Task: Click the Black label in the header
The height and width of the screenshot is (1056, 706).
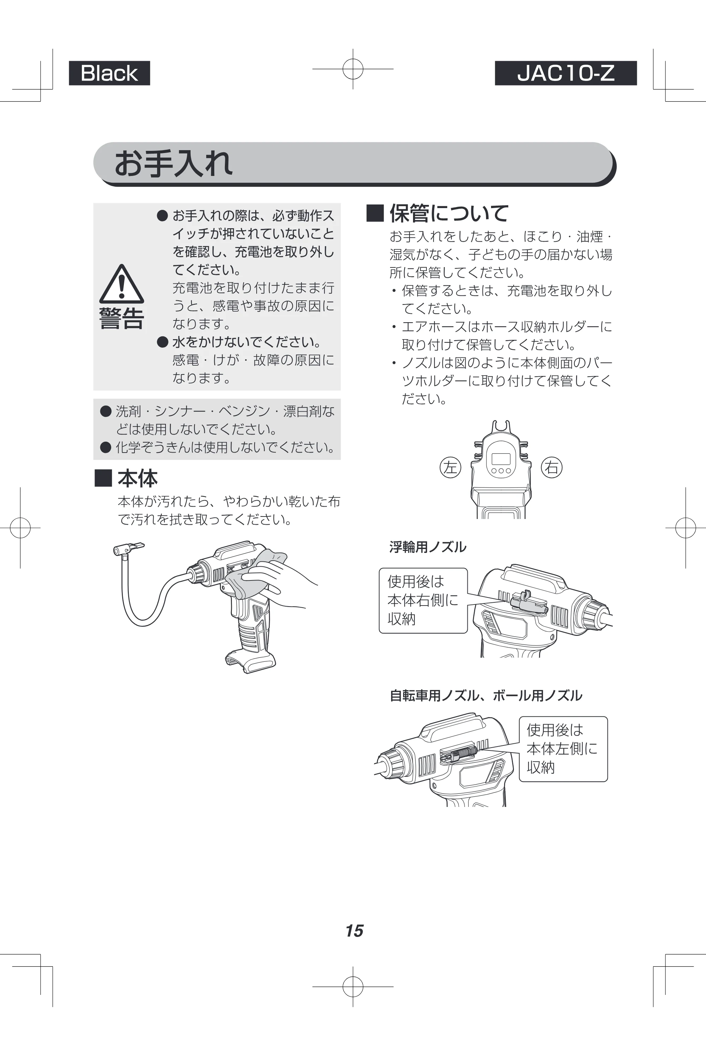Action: coord(109,73)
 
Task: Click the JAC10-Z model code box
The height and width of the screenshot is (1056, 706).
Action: coord(566,73)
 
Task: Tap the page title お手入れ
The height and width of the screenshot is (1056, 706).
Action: coord(174,163)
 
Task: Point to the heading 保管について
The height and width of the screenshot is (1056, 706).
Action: coord(438,213)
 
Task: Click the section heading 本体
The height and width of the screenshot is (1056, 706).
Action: coord(126,478)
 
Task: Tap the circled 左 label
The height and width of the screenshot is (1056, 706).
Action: coord(450,467)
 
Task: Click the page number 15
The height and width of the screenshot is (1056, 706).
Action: coord(354,931)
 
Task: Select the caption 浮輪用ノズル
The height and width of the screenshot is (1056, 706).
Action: coord(428,547)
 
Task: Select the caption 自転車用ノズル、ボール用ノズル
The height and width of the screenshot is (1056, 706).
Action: coord(486,696)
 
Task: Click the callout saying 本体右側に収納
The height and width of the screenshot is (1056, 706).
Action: coord(423,601)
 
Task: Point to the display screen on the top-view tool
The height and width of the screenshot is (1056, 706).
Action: coord(501,459)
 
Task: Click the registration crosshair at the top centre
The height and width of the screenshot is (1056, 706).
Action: coord(353,69)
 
